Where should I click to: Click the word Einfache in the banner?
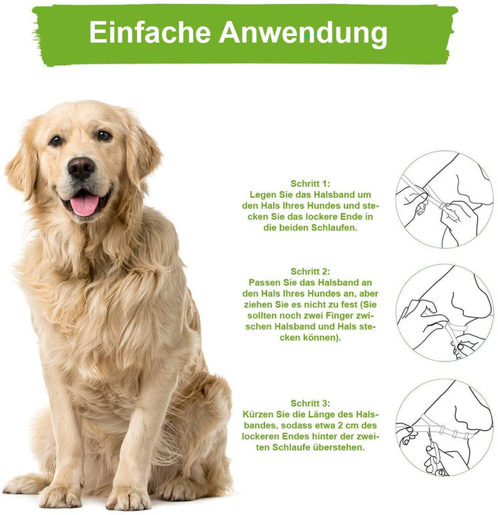click(149, 32)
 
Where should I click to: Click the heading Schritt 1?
click(311, 183)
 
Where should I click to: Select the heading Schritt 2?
click(311, 271)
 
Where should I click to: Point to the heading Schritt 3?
click(311, 403)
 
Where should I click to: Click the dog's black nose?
click(81, 167)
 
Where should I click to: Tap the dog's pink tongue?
click(84, 204)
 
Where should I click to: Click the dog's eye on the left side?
click(56, 141)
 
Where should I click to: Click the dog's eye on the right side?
click(104, 135)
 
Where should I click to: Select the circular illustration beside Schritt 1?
click(445, 199)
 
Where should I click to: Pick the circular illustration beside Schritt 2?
click(445, 313)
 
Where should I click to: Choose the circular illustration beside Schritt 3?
click(445, 427)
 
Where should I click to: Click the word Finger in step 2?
click(340, 316)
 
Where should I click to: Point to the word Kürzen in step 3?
click(258, 414)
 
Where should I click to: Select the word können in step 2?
click(322, 337)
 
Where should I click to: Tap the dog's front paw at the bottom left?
click(60, 495)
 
